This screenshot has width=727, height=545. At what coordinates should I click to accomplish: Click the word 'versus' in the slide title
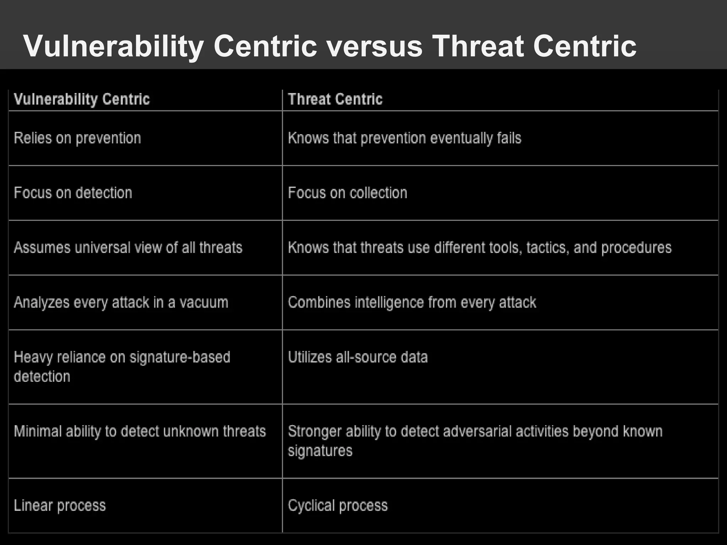click(x=375, y=46)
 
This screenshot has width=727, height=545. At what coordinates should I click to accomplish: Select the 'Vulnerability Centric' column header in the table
click(x=82, y=99)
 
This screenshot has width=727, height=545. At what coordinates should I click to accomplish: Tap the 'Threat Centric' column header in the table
click(x=335, y=99)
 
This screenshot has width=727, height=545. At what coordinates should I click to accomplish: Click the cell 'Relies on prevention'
click(x=77, y=138)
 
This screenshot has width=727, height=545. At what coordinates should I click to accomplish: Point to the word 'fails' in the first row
click(x=509, y=138)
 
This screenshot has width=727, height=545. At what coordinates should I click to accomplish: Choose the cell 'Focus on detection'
click(x=73, y=193)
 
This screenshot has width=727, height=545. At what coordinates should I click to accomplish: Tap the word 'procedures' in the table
click(x=636, y=247)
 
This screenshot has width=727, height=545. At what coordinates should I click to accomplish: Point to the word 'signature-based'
click(x=180, y=357)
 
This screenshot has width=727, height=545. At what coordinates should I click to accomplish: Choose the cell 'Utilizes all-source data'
click(x=357, y=357)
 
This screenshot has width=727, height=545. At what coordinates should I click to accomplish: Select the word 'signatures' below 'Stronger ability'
click(x=320, y=451)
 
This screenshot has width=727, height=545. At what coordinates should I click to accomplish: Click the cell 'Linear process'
click(x=60, y=506)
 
